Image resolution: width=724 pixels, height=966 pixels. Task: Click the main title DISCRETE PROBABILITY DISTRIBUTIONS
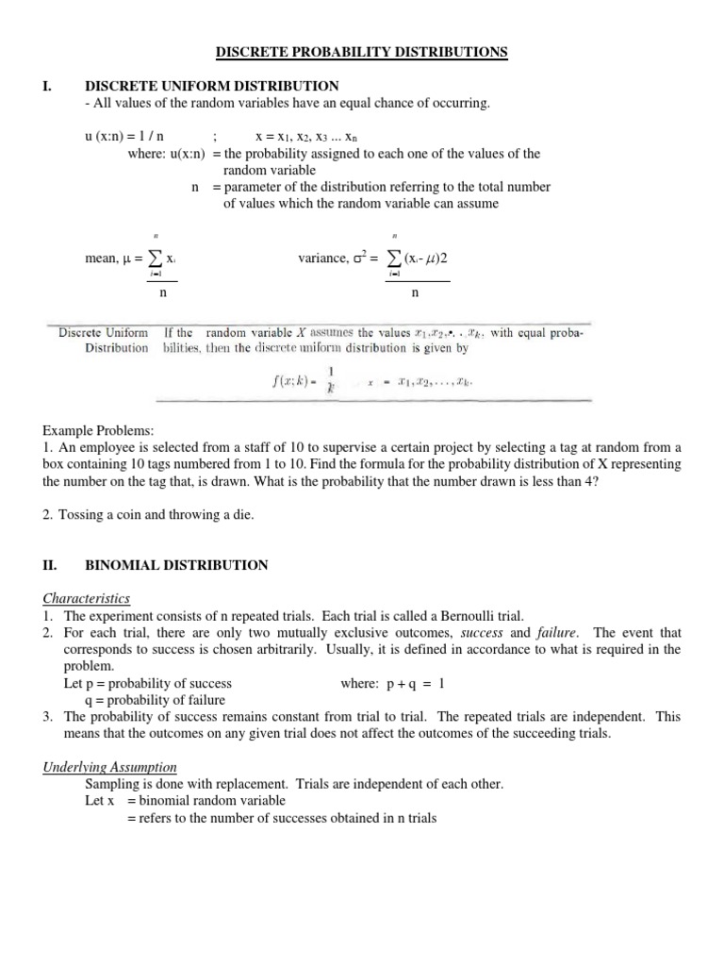tap(363, 53)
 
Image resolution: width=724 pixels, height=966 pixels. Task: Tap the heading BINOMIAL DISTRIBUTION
tap(176, 565)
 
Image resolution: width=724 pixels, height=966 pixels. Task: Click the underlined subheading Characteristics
tap(87, 598)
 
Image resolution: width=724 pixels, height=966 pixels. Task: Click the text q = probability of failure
tap(144, 699)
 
